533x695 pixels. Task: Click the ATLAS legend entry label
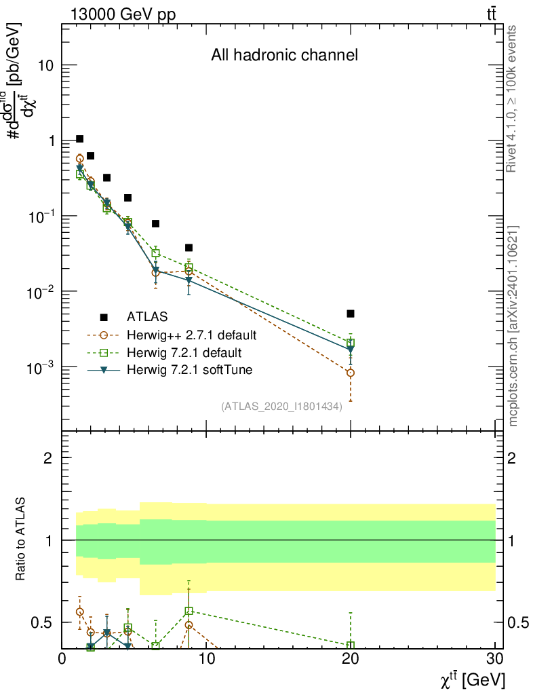click(x=148, y=316)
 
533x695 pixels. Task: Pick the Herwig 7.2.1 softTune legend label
click(x=185, y=370)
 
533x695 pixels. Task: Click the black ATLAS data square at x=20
click(x=351, y=314)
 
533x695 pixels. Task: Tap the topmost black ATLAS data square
click(x=79, y=139)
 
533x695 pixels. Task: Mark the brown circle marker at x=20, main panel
click(x=351, y=373)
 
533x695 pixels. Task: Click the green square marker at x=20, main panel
click(x=351, y=343)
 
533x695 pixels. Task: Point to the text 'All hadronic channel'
click(x=284, y=56)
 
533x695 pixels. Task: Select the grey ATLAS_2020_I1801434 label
click(x=281, y=407)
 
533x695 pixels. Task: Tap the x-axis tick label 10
click(x=206, y=659)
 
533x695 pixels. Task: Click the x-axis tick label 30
click(x=495, y=659)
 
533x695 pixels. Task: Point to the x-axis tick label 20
click(x=351, y=659)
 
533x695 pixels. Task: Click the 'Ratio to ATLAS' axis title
click(x=22, y=540)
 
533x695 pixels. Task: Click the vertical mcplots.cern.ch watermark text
click(x=513, y=326)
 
